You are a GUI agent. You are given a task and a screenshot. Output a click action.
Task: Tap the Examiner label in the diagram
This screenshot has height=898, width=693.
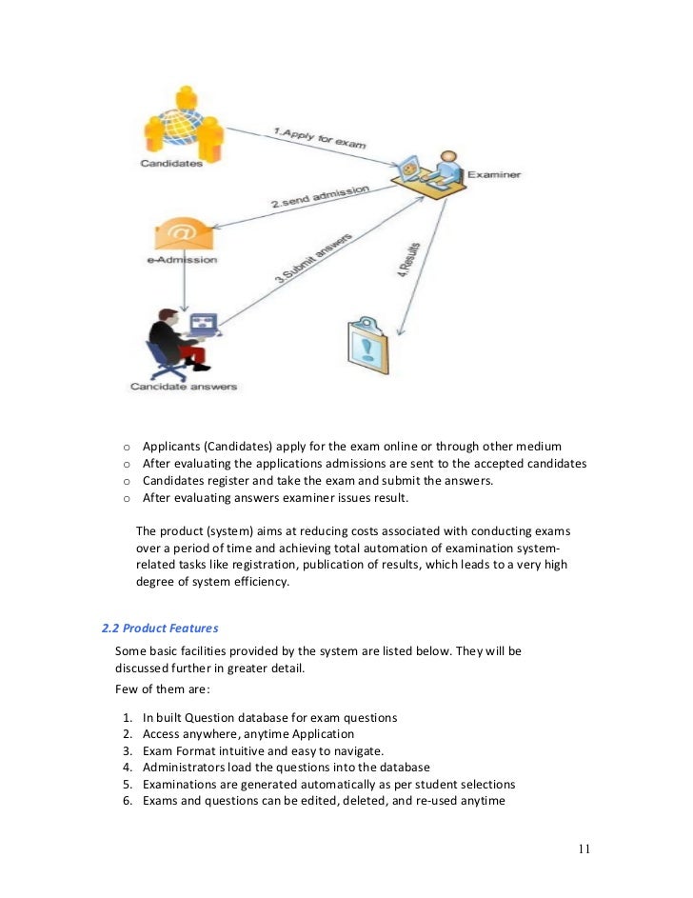(x=494, y=175)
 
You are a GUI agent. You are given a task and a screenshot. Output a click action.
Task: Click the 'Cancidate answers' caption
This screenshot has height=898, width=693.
(x=183, y=387)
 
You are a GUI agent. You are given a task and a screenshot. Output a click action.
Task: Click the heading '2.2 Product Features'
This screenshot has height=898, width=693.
(x=160, y=628)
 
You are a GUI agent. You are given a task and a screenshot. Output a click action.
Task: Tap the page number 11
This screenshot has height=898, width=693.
(x=584, y=849)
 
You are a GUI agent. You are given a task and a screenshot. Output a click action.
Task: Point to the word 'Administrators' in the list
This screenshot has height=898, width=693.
(x=187, y=768)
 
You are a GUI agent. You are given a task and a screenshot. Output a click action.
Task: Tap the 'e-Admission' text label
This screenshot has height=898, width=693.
(x=183, y=259)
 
